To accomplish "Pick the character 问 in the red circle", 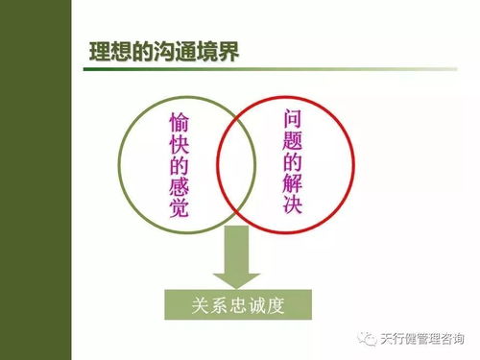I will pos(294,118).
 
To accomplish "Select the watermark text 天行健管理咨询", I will pos(422,337).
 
